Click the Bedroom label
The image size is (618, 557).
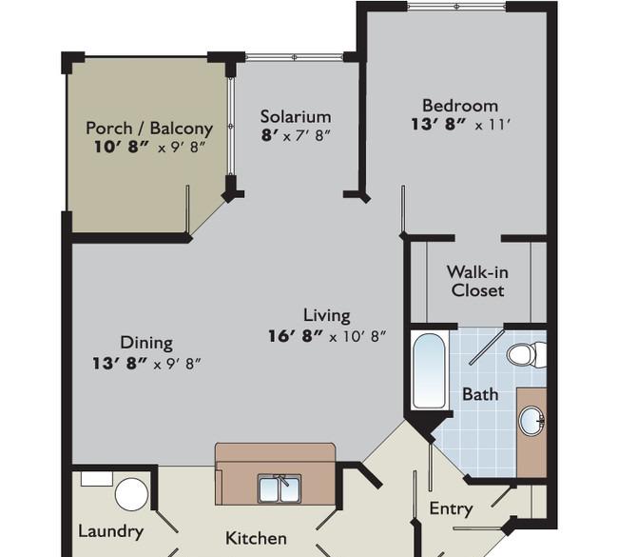point(460,106)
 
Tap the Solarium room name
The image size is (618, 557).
point(296,117)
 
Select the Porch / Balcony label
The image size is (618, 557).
point(149,129)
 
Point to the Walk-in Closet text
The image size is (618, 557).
point(477,282)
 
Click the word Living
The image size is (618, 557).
point(327,315)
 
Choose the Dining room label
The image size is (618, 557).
point(146,343)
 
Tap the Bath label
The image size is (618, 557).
point(480,394)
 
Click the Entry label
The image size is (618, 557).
point(451,508)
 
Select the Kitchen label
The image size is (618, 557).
point(256,538)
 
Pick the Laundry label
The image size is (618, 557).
point(110,531)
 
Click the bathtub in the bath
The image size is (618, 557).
point(429,370)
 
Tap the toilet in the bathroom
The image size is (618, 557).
point(526,354)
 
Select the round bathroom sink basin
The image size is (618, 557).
point(532,421)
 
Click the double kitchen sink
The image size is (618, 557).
point(280,488)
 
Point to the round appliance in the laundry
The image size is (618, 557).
point(131,494)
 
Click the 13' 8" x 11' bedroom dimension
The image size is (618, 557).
point(461,125)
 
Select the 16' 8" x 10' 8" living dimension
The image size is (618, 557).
point(327,336)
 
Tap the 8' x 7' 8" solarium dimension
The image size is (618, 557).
point(296,136)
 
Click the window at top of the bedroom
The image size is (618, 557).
point(456,7)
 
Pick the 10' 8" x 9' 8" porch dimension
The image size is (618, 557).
point(150,148)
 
